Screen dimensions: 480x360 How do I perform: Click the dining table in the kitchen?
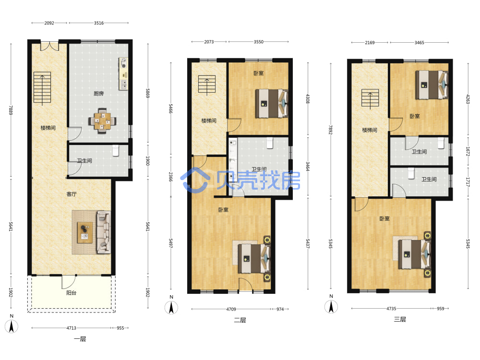coord(102,121)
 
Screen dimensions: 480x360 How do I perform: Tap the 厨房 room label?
coord(98,94)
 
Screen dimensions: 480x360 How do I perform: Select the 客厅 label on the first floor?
coord(72,194)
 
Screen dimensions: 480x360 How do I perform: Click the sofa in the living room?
coord(104,232)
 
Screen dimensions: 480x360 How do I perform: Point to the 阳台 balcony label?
coord(72,293)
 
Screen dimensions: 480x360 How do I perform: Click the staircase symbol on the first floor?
coord(42,87)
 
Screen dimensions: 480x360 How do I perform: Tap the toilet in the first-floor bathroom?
coord(115,150)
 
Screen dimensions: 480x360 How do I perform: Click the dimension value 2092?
coord(49,23)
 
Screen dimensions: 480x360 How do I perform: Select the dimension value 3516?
coord(98,23)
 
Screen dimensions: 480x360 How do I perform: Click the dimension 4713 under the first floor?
coord(72,328)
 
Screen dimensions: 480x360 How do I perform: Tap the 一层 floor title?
coord(80,339)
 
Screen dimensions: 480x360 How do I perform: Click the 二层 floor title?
coord(240,320)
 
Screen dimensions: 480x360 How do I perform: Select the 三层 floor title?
coord(400,319)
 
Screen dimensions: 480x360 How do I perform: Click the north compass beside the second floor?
coord(171,307)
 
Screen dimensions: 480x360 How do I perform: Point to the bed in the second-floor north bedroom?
coord(272,104)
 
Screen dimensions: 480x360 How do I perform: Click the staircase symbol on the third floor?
coord(370,98)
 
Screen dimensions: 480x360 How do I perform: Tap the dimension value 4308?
coord(308,98)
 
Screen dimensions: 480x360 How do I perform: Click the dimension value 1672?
coord(468,151)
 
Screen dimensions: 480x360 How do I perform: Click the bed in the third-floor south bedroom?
coord(415,254)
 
